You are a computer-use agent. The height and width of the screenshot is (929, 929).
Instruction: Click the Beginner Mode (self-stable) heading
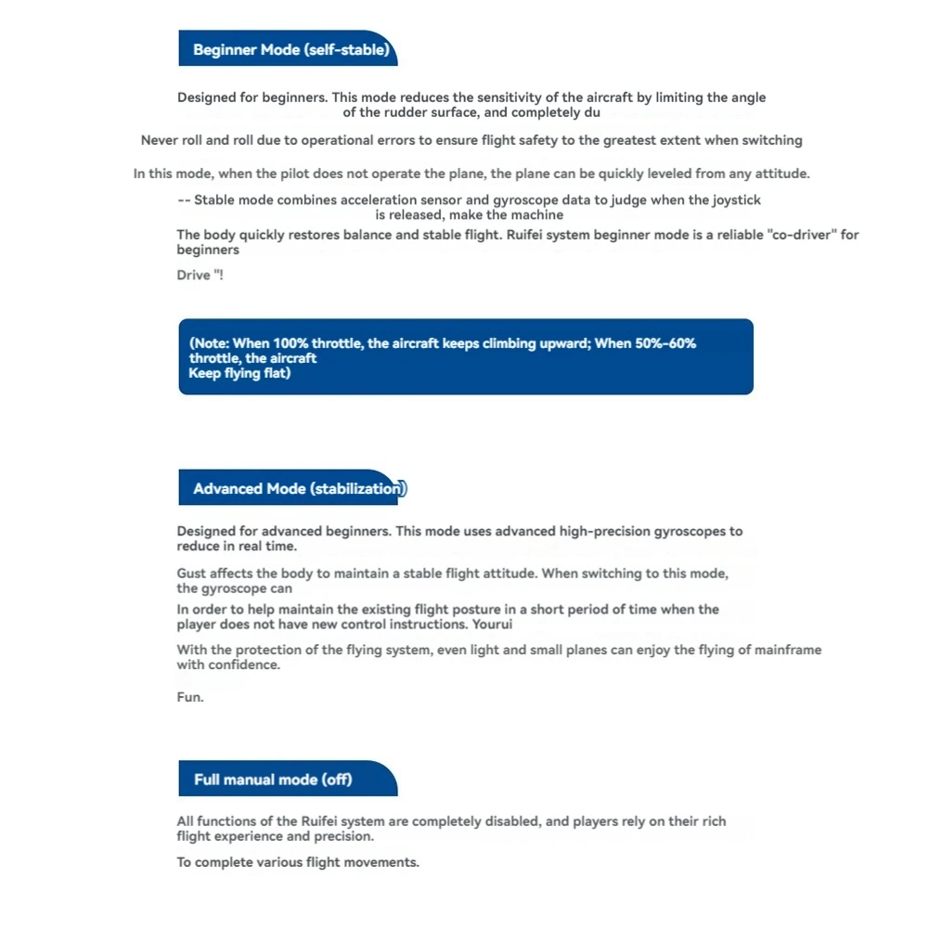coord(290,50)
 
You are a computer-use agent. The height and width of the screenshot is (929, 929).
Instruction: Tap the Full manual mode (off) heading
coord(273,779)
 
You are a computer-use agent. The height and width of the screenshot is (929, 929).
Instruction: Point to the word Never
coord(158,140)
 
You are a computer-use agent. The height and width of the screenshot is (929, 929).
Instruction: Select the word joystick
coord(737,200)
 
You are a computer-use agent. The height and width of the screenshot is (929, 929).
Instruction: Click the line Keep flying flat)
coord(239,373)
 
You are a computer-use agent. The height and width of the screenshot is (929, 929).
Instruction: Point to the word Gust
coord(192,574)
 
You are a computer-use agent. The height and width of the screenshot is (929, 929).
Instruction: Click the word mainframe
coord(787,650)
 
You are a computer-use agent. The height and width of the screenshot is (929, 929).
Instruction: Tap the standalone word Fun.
coord(190,696)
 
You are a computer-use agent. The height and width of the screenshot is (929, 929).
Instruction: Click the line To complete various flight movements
coord(298,862)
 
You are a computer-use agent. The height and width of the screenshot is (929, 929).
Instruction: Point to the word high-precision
coord(605,532)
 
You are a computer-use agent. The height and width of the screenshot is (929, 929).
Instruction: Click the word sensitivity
coord(508,97)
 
